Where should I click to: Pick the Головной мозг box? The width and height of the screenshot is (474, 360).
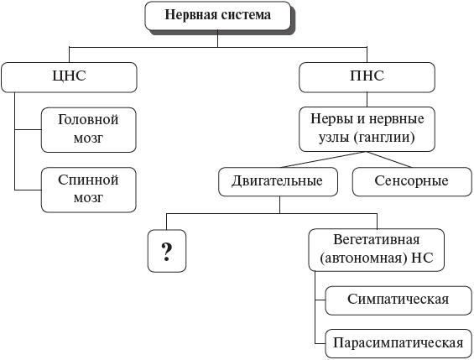tap(88, 128)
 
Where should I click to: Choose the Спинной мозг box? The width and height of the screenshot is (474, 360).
tap(88, 189)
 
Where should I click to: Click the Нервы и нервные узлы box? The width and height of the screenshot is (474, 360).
tap(367, 127)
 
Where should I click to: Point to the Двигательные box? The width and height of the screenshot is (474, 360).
tap(277, 180)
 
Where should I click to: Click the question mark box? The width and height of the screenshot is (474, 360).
tap(166, 249)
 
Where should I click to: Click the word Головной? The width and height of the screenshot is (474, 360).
tap(88, 119)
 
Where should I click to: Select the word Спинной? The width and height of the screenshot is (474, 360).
tap(88, 180)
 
